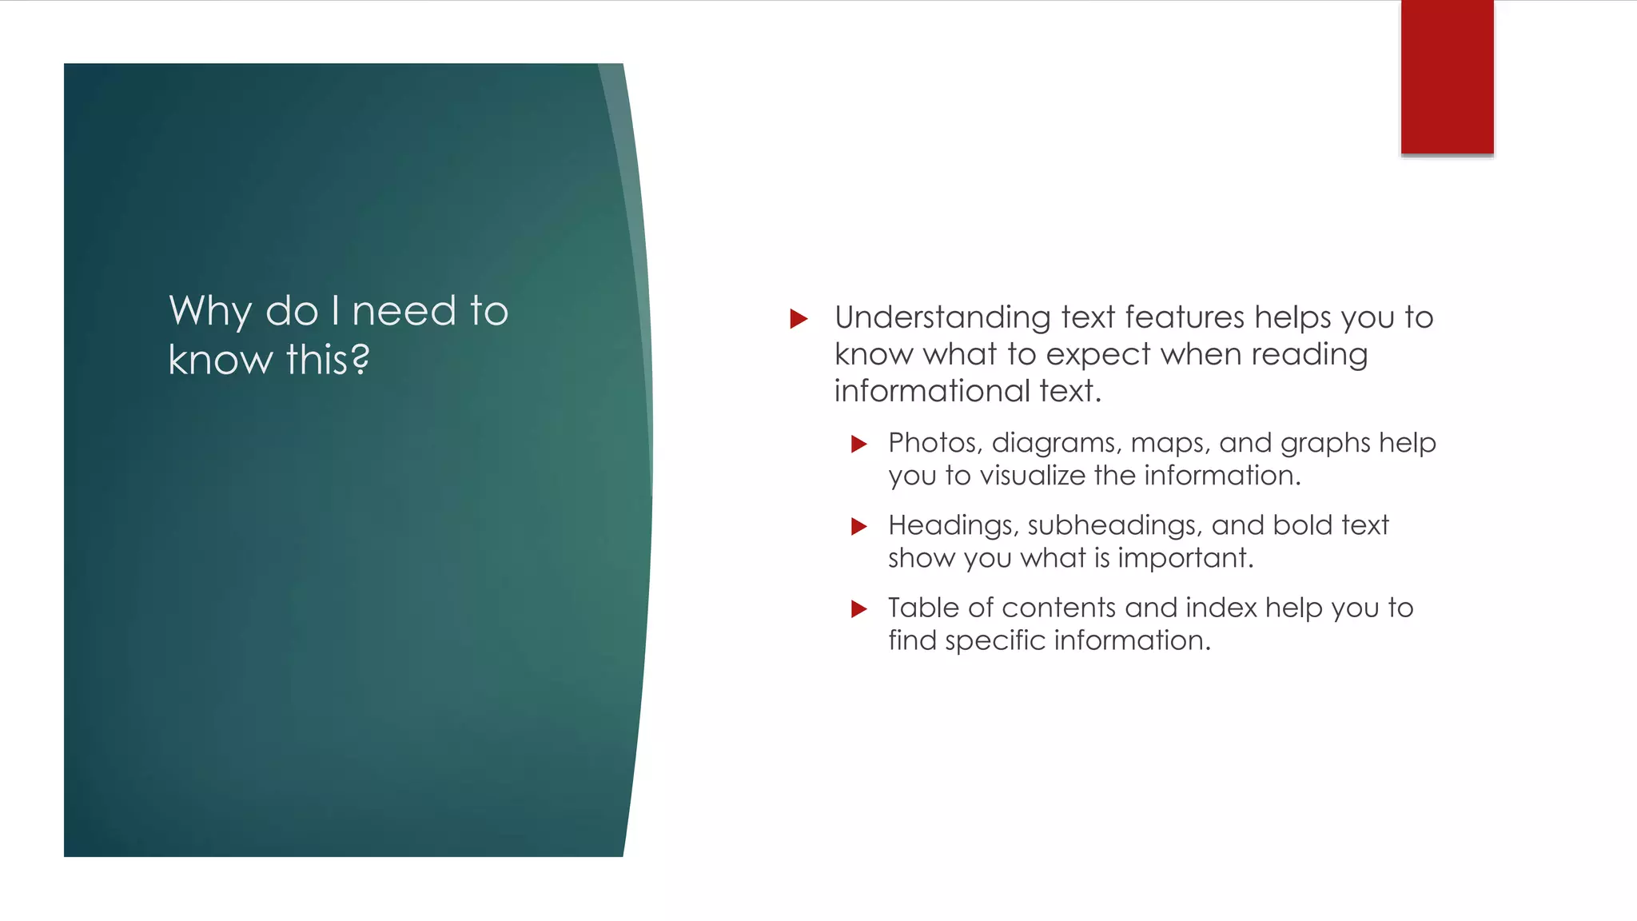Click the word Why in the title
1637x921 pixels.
tap(210, 311)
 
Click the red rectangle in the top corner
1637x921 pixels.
tap(1447, 77)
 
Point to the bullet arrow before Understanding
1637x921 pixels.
tap(799, 319)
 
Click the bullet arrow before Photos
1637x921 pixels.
tap(859, 444)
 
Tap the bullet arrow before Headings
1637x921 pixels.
tap(859, 526)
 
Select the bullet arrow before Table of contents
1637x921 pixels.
tap(859, 608)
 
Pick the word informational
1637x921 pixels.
tap(932, 391)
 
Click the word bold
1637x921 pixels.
tap(1302, 524)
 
